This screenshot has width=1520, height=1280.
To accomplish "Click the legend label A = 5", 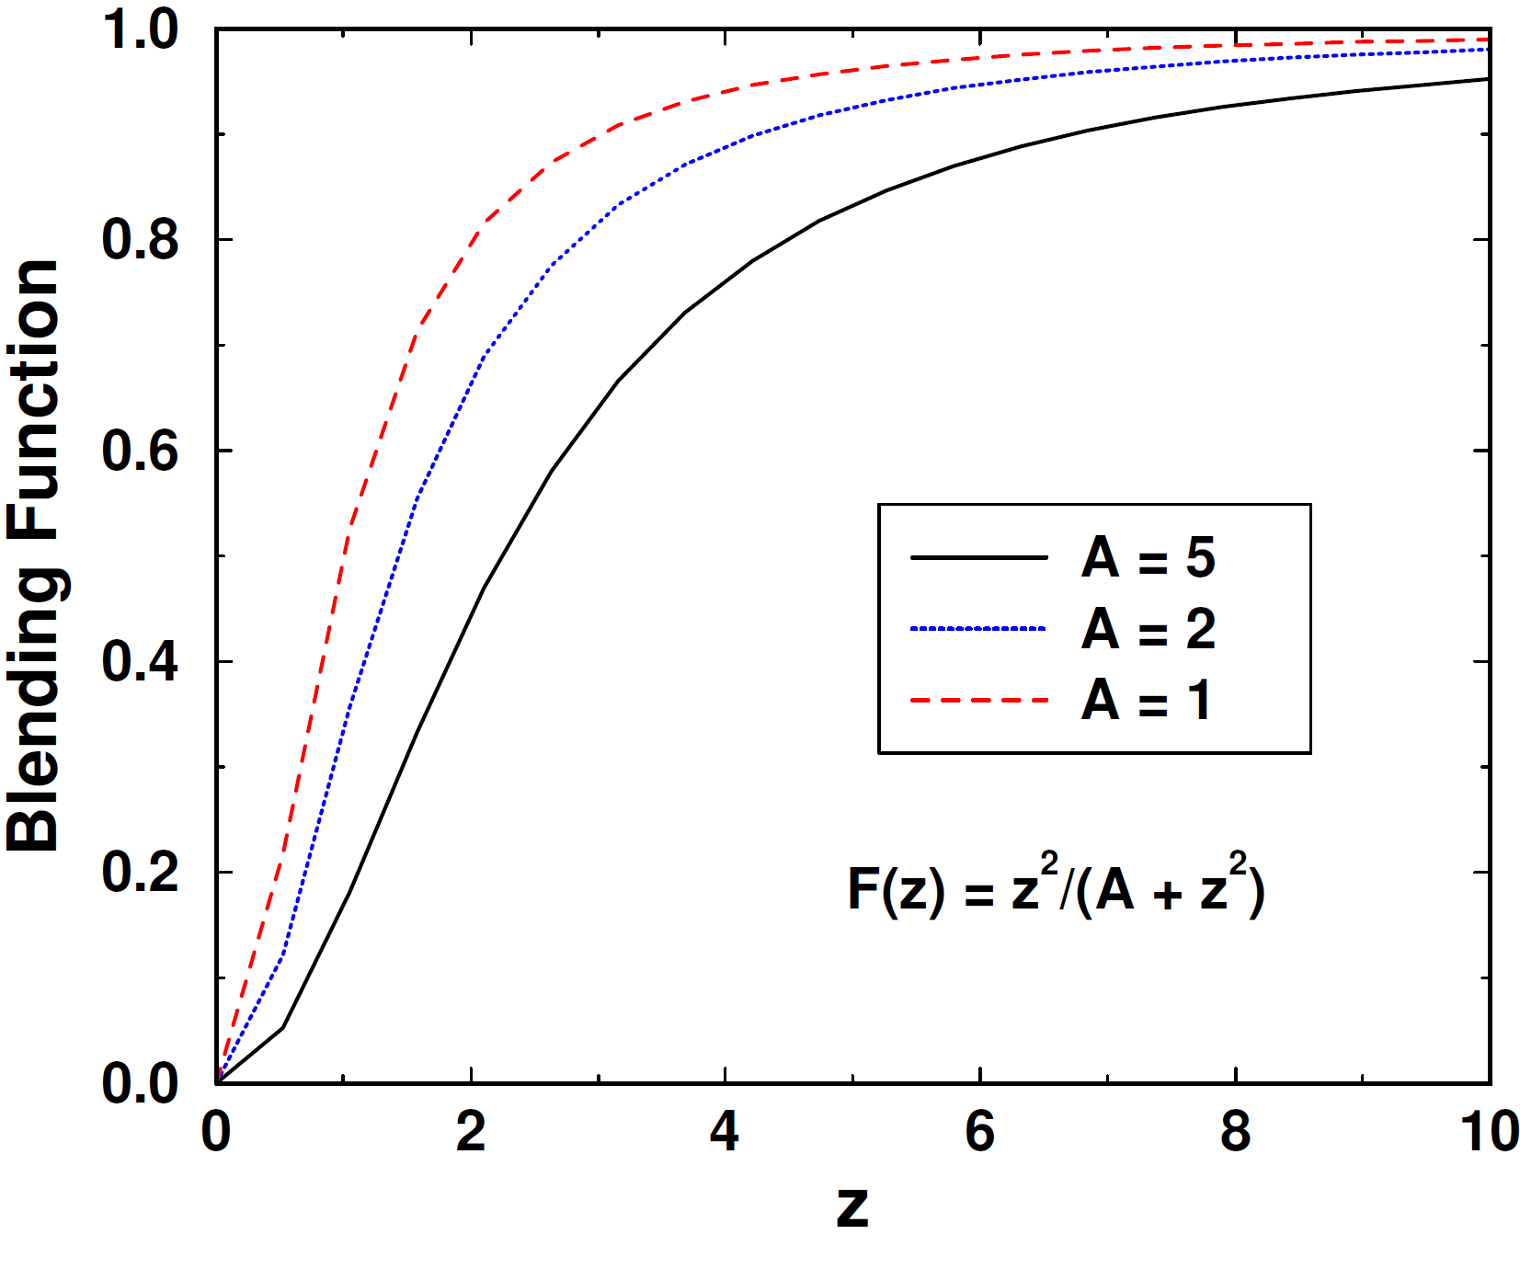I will [x=1149, y=557].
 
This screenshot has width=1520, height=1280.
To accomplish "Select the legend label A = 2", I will [x=1149, y=629].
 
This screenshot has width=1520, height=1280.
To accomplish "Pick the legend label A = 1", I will [x=1146, y=701].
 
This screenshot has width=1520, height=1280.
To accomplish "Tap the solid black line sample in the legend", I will [x=978, y=557].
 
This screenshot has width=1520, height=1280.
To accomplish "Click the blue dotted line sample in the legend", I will [x=978, y=629].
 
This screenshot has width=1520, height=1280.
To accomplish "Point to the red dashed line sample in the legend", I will [x=978, y=701].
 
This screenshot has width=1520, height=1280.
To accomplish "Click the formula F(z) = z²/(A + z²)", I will [x=1056, y=886].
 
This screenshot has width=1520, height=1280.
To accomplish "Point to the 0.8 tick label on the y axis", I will [x=140, y=240].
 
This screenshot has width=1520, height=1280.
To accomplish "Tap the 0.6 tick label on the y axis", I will [x=140, y=451].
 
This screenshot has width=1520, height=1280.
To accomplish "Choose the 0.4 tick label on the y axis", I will [x=140, y=661].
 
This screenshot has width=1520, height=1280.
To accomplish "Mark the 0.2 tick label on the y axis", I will [x=140, y=872].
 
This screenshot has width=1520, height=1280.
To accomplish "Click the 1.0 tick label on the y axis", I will [x=140, y=29].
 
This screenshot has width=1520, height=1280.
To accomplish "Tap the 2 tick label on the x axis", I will [x=471, y=1131].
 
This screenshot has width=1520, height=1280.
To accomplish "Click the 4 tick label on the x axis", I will [x=726, y=1131].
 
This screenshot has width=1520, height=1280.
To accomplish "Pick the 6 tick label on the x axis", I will [x=980, y=1131].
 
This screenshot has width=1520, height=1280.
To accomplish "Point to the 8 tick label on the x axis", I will [x=1235, y=1131].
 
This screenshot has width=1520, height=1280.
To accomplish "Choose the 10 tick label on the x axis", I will [x=1490, y=1131].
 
